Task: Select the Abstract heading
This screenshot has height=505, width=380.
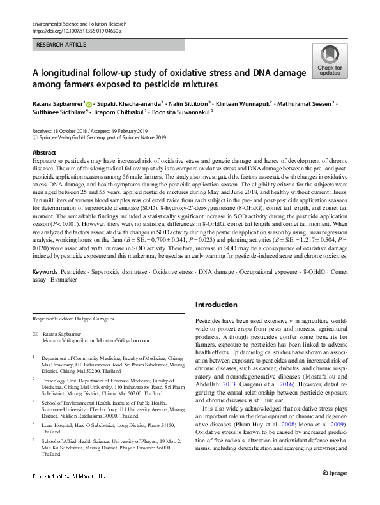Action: pyautogui.click(x=44, y=153)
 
